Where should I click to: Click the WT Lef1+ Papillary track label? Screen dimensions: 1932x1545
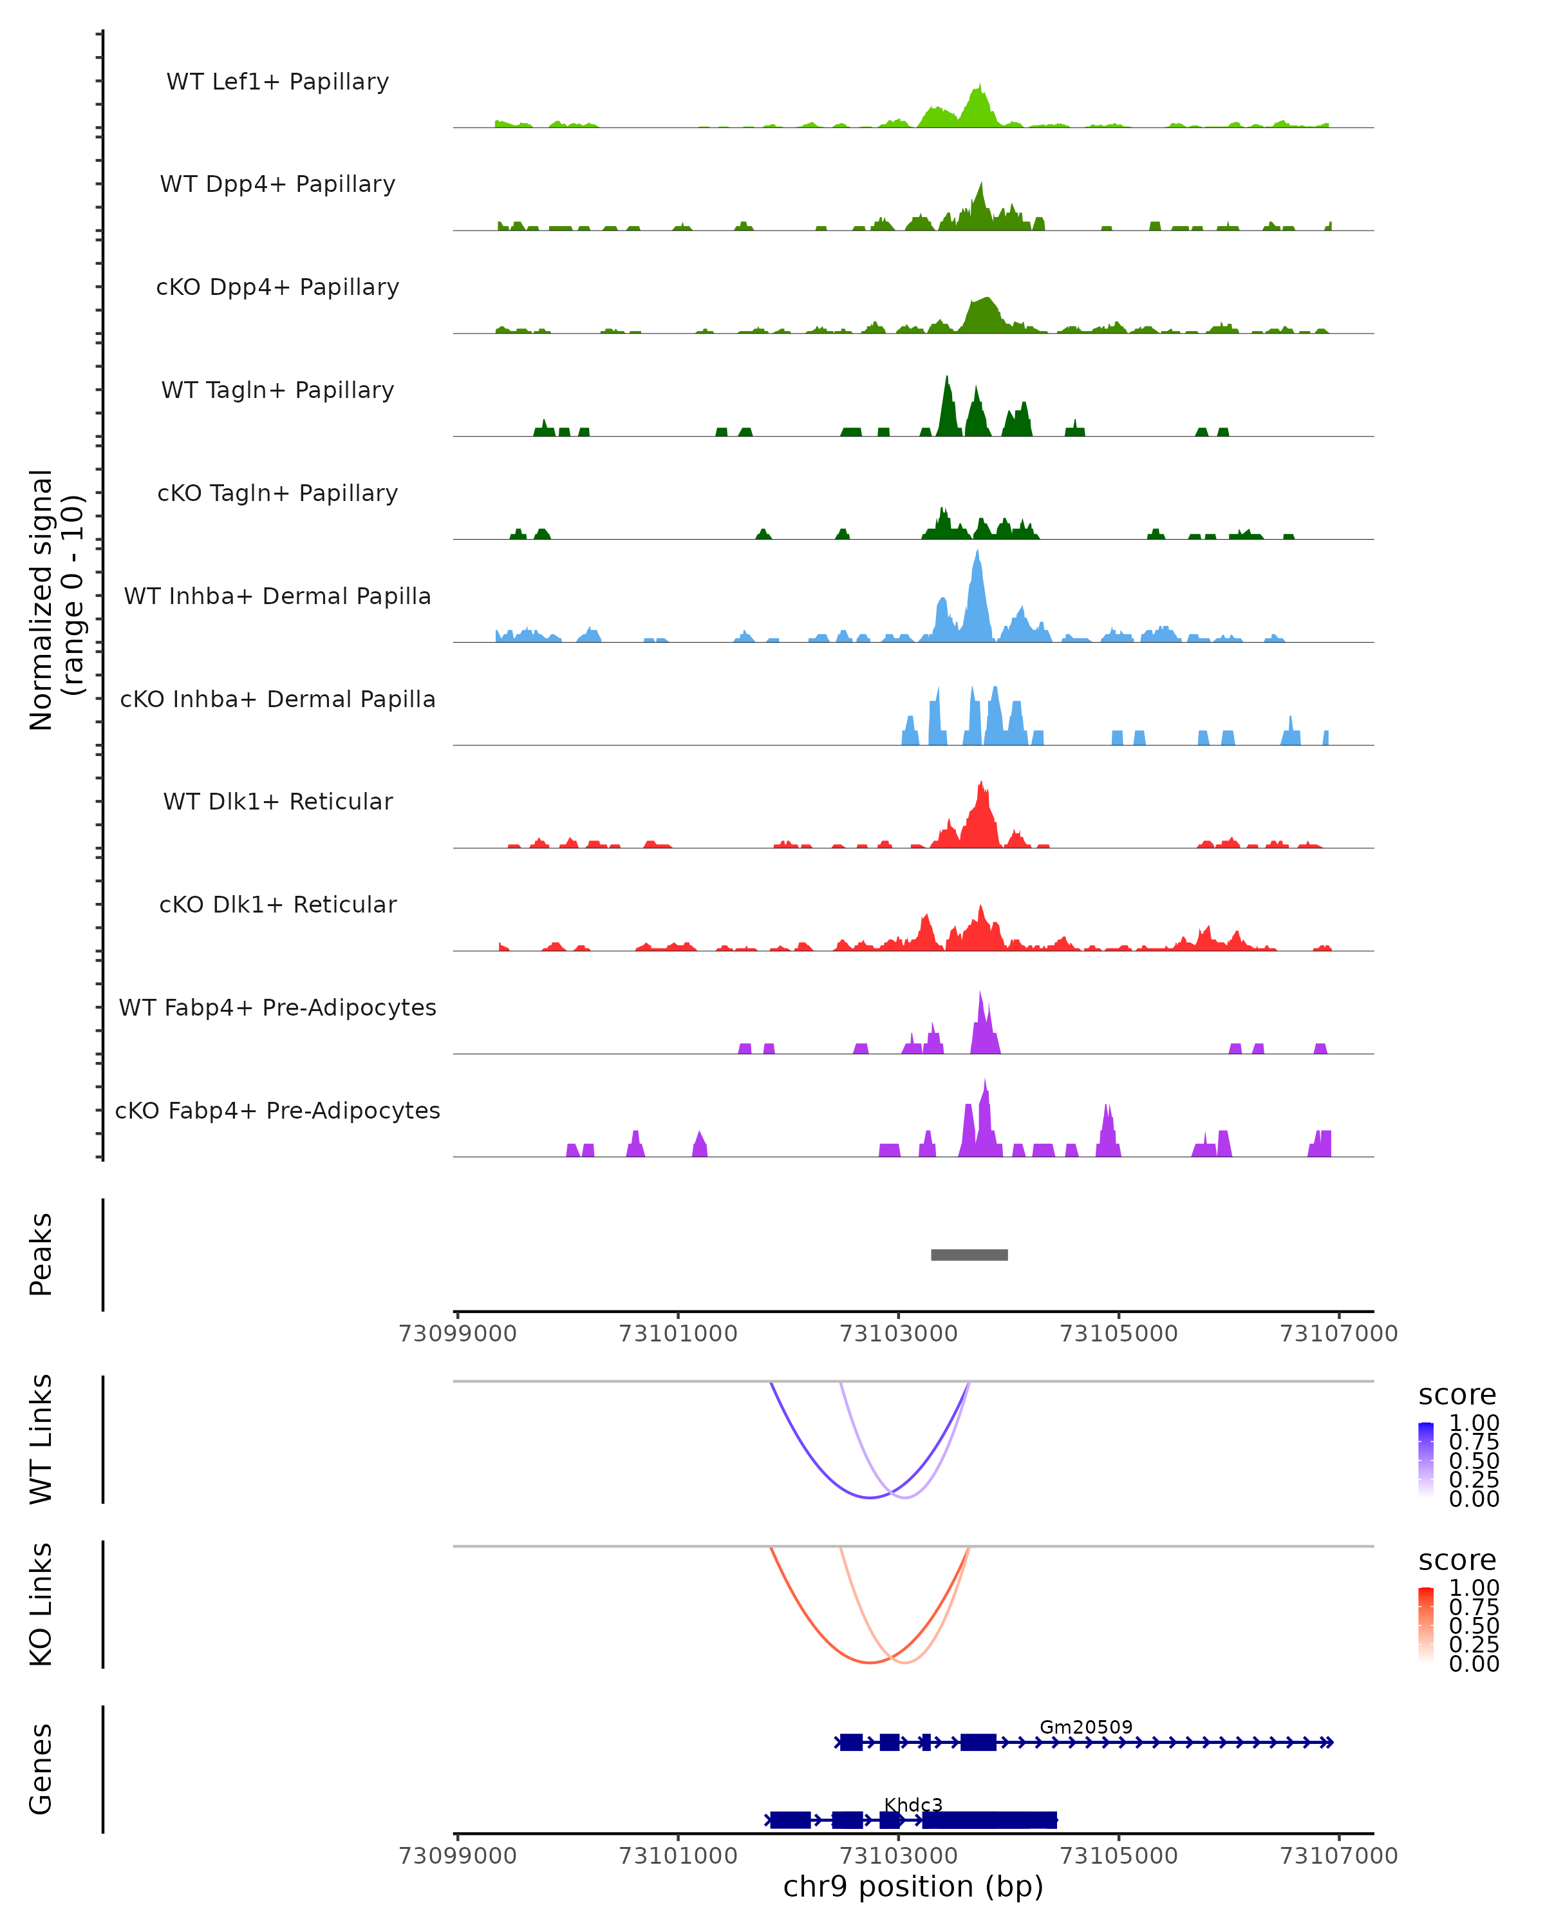[277, 82]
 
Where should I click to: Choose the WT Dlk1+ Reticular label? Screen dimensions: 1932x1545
[277, 801]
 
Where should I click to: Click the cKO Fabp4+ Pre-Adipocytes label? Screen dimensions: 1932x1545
[277, 1110]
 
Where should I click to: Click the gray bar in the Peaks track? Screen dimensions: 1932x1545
[969, 1255]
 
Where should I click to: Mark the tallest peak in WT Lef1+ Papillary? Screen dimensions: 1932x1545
[980, 88]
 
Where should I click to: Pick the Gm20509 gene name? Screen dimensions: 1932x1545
[1085, 1727]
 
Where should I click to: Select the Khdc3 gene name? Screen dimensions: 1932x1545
[913, 1804]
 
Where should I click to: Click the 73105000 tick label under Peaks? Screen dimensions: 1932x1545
[1119, 1334]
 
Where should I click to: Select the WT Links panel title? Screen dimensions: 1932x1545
[41, 1439]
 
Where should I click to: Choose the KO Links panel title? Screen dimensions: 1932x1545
[41, 1604]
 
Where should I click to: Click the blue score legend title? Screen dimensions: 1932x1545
[1456, 1394]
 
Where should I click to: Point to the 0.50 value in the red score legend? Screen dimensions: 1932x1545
[1474, 1625]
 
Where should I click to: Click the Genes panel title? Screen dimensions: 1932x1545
[41, 1769]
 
